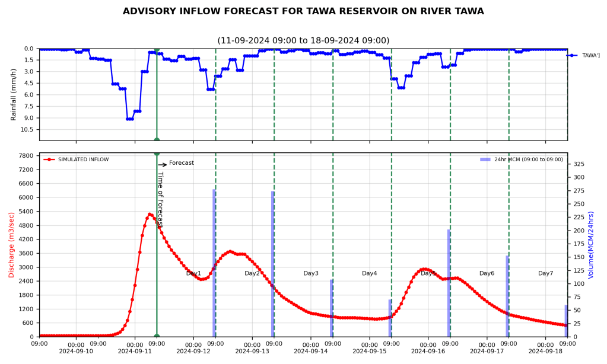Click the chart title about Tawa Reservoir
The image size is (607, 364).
[x=303, y=11]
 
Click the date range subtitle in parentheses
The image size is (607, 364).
[x=303, y=40]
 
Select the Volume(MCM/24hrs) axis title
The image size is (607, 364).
[x=591, y=245]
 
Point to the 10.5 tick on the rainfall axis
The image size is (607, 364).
[x=26, y=129]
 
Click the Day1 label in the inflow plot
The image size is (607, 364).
[x=193, y=273]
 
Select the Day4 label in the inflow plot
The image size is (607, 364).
[x=370, y=273]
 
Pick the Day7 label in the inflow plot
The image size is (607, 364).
[x=545, y=273]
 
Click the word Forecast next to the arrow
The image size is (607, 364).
[x=182, y=163]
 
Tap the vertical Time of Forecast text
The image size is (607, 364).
[x=160, y=199]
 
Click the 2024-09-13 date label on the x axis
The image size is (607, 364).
[x=253, y=351]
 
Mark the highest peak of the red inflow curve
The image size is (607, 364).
[x=150, y=214]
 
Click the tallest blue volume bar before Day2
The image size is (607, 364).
[x=214, y=263]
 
